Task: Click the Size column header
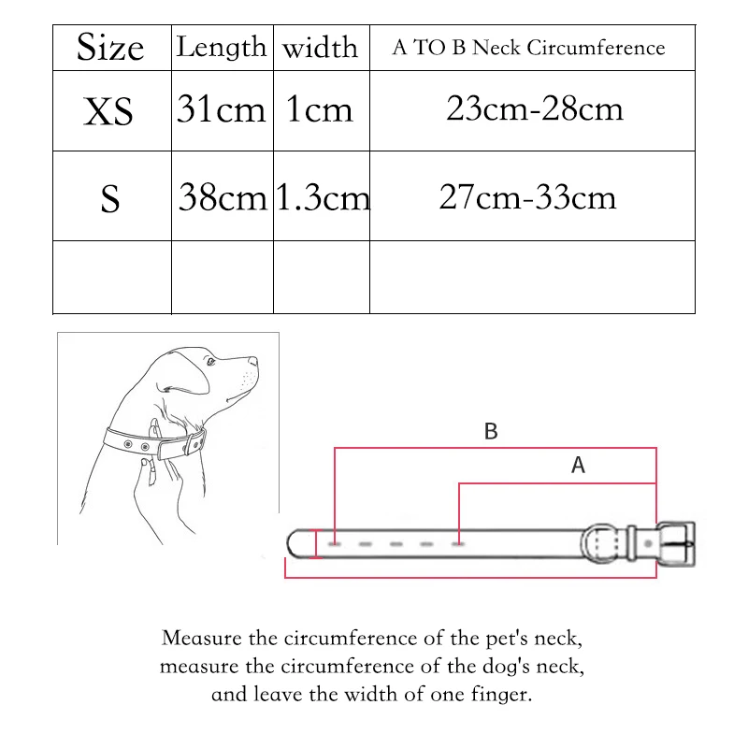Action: click(x=110, y=48)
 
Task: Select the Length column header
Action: click(x=222, y=47)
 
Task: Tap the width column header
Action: click(x=320, y=48)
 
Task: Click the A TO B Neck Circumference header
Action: click(x=528, y=48)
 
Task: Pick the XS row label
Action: click(x=109, y=112)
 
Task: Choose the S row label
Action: click(x=110, y=199)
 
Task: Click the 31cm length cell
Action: click(x=222, y=110)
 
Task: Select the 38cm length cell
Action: click(x=223, y=198)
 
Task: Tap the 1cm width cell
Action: click(x=320, y=110)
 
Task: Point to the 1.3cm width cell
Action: click(x=322, y=198)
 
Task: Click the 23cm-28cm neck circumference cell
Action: click(x=534, y=108)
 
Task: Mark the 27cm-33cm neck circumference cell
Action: click(x=527, y=197)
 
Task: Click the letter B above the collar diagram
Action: click(x=491, y=431)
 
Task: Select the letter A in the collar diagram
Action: click(x=578, y=465)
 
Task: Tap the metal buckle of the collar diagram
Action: click(x=675, y=544)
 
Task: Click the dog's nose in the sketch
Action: click(x=254, y=360)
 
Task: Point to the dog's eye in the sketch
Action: click(x=210, y=362)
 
